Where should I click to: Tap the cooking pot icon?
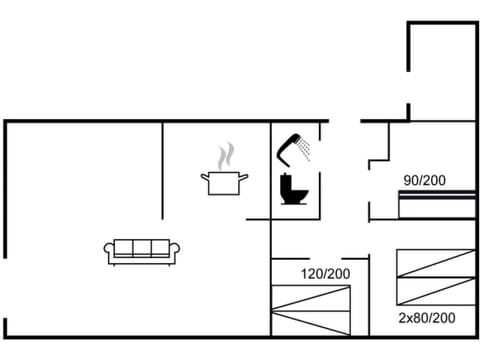point(225,183)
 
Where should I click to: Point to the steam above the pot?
point(227,155)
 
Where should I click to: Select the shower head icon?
point(291,148)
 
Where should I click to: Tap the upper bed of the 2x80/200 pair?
point(434,263)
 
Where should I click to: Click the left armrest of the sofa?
point(108,252)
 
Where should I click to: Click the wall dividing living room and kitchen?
point(162,170)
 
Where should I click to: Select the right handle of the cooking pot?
point(245,178)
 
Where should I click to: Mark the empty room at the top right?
point(442,70)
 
